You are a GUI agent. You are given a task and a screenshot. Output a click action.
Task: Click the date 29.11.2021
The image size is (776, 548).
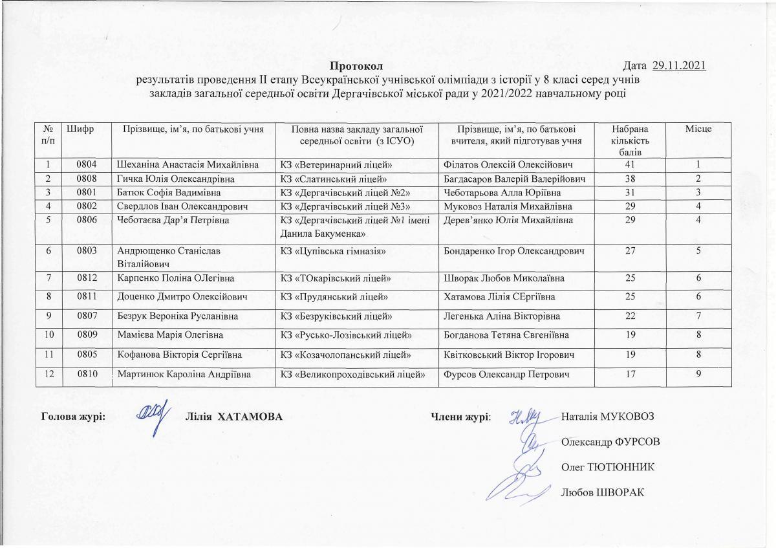pos(678,65)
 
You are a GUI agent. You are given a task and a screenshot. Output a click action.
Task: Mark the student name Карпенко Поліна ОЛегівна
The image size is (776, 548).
pos(175,278)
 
